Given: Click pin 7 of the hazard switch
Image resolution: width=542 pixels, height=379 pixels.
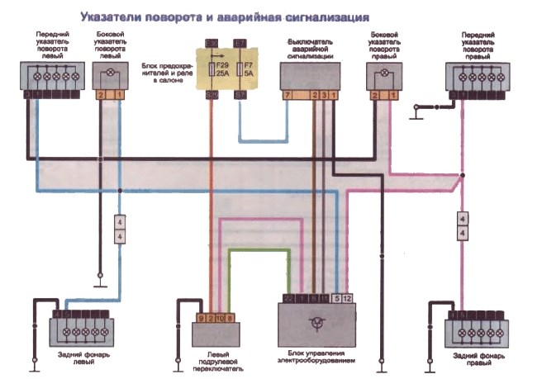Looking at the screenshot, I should (287, 97).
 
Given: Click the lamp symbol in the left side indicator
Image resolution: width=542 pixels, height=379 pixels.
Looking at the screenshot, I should (110, 74).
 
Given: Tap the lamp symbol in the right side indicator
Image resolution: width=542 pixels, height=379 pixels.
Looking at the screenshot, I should (383, 74).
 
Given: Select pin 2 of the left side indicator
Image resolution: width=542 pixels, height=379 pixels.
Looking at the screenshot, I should (102, 97).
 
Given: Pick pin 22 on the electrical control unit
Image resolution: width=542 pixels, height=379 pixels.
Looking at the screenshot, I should (288, 297).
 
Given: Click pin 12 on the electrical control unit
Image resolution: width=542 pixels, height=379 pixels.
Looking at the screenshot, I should (348, 297).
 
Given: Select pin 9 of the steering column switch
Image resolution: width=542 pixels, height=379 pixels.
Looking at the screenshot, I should (200, 317).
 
